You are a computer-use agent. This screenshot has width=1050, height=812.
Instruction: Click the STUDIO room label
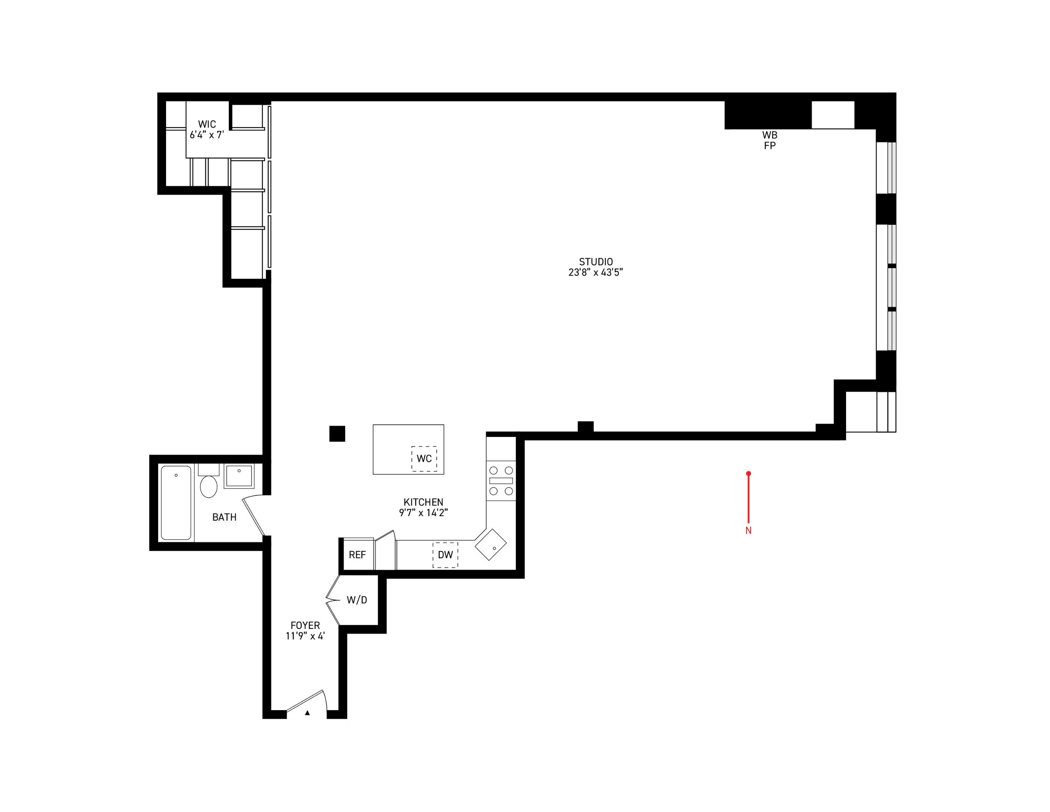[x=596, y=262]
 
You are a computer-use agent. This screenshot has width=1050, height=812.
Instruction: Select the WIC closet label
[x=207, y=124]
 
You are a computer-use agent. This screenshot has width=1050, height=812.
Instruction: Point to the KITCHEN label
[x=423, y=502]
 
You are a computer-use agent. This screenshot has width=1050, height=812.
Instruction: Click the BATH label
[x=224, y=517]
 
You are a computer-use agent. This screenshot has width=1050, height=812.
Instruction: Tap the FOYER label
[x=305, y=626]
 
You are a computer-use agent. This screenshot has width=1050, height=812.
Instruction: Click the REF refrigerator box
[x=357, y=554]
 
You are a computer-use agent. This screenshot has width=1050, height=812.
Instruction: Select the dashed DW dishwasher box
[x=445, y=554]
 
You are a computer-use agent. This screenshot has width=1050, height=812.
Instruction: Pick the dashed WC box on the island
[x=424, y=458]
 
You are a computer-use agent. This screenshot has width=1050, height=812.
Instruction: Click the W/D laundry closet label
[x=357, y=600]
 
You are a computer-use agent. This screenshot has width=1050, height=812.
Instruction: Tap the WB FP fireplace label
[x=770, y=140]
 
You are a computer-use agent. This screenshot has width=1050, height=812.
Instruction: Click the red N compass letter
[x=748, y=530]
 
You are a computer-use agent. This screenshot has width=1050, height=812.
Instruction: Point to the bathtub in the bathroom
[x=176, y=502]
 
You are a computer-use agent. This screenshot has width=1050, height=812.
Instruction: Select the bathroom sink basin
[x=239, y=476]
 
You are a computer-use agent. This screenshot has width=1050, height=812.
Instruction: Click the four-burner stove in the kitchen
[x=501, y=480]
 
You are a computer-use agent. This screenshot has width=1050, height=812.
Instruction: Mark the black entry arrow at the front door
[x=307, y=713]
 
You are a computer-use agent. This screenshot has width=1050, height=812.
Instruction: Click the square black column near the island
[x=337, y=433]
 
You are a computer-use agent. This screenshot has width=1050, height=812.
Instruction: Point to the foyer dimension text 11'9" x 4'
[x=305, y=636]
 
